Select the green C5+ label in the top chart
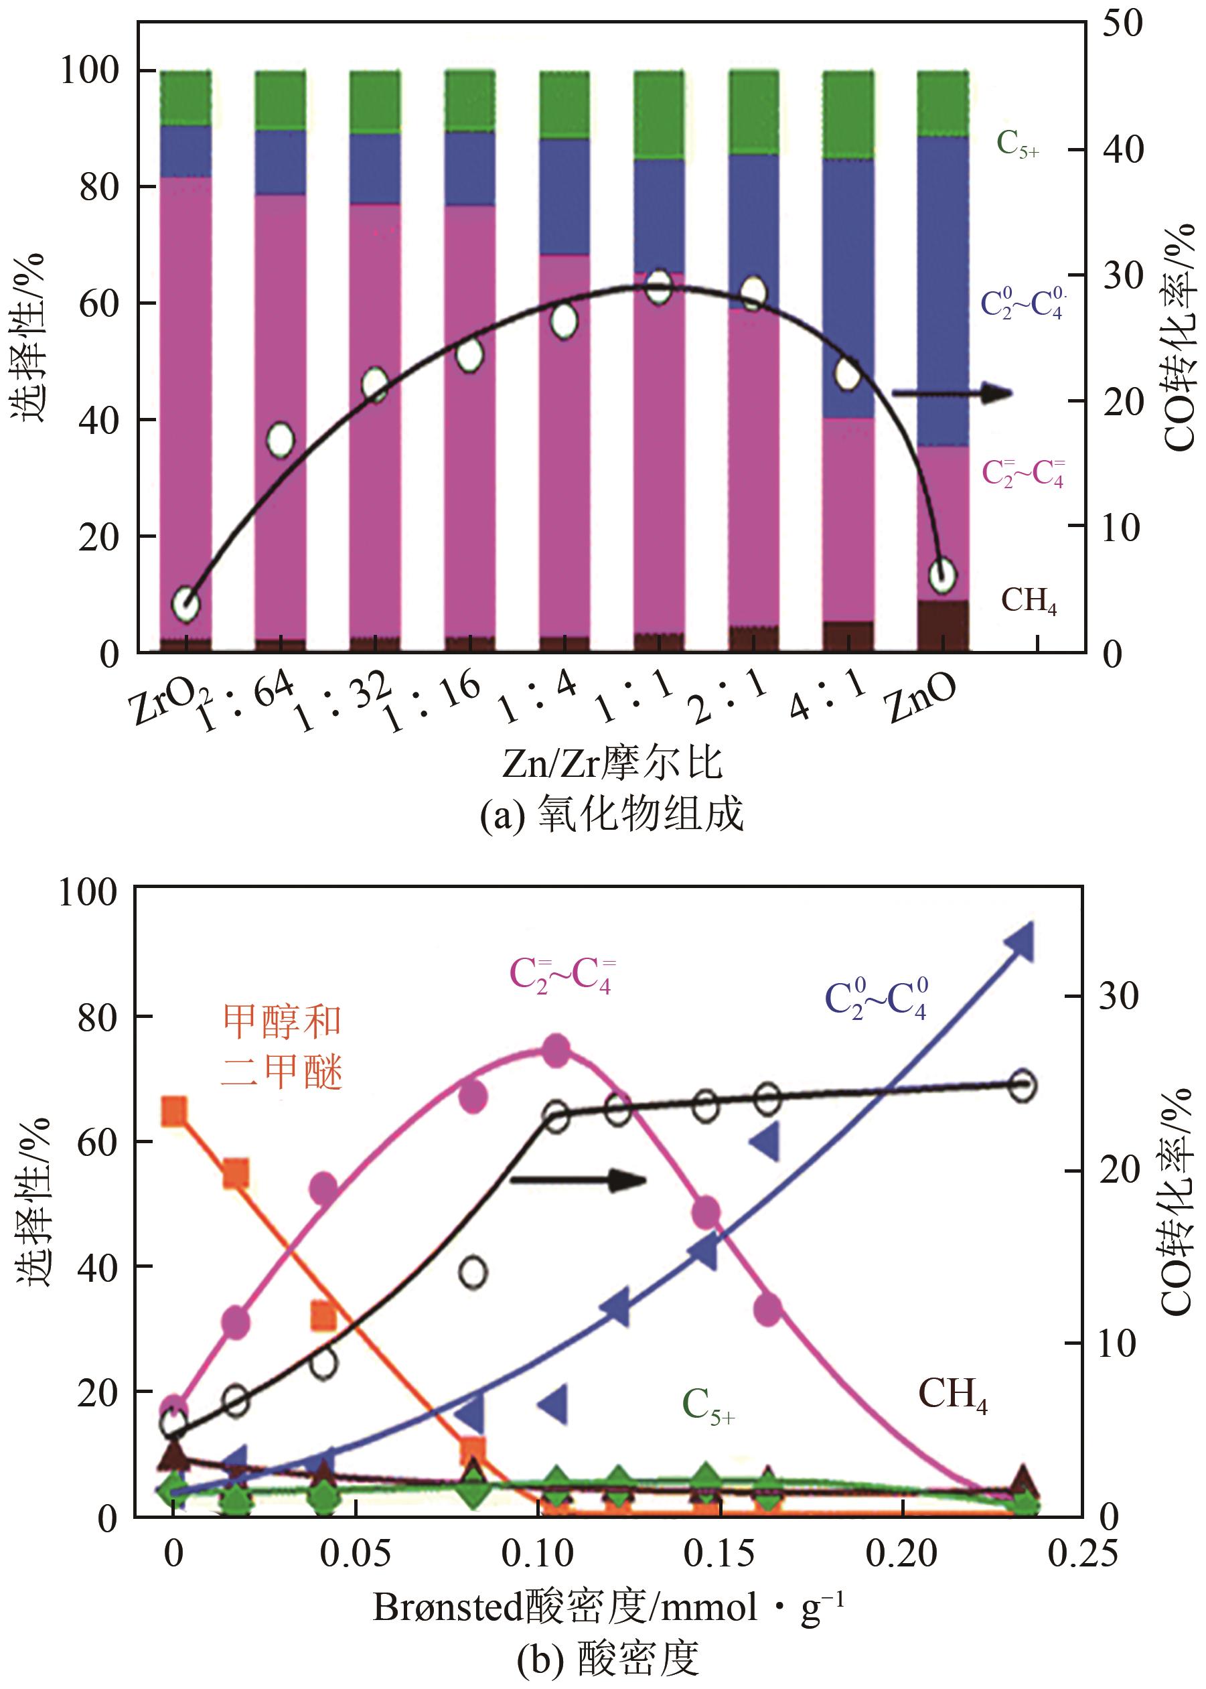1016,144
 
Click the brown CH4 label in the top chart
1029,600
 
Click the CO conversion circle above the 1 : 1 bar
659,287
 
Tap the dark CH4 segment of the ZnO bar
943,626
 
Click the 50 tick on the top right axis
1122,23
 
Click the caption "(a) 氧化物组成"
611,814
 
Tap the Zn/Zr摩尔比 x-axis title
612,763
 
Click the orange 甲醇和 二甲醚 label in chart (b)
282,1047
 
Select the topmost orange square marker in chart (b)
174,1111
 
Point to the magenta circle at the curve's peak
557,1051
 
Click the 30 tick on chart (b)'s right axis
1118,996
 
